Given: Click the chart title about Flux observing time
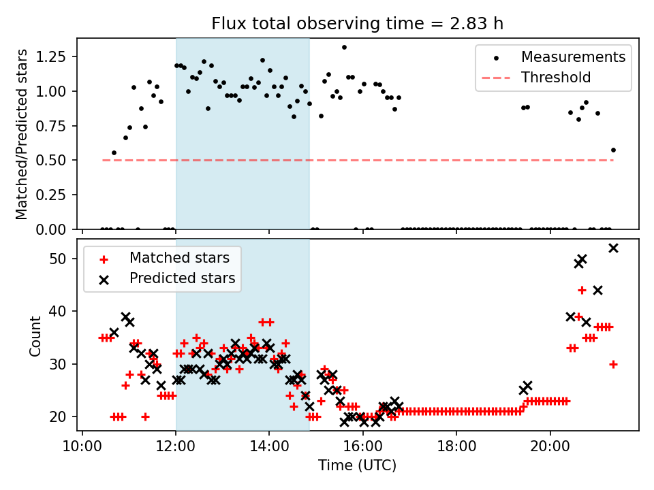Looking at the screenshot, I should point(358,24).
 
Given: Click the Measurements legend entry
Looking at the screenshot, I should point(573,57).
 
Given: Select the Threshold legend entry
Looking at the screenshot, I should point(556,78).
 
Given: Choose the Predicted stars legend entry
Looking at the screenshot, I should point(182,278).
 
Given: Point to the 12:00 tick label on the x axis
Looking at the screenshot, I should point(176,447).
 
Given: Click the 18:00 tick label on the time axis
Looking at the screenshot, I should point(456,447).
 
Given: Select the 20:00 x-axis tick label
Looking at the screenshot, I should point(550,447).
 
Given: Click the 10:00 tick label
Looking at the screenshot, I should point(82,447).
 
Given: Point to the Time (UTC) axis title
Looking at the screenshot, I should point(358,466).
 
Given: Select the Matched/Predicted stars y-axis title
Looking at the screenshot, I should point(22,134).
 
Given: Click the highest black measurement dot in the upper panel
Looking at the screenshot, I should point(344,48).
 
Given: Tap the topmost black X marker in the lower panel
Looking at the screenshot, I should point(613,248).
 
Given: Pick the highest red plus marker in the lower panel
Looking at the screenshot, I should point(582,290).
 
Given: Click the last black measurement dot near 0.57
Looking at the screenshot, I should point(613,150).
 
